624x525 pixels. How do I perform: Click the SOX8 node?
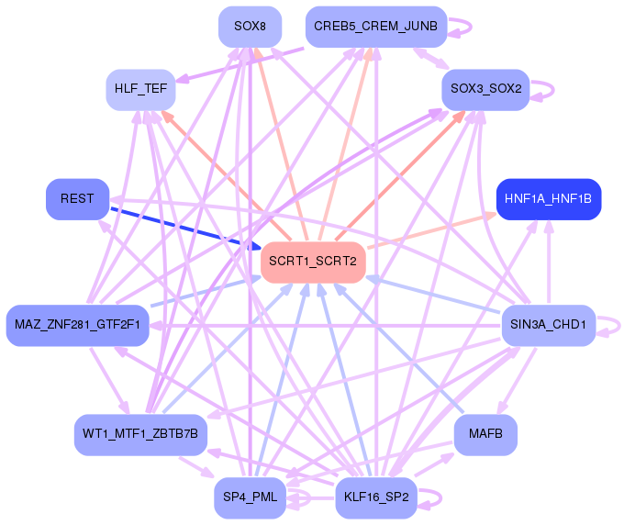tap(250, 27)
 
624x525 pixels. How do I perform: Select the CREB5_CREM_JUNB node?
tap(376, 27)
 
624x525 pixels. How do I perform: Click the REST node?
tap(78, 199)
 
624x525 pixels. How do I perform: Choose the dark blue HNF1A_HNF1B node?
tap(549, 199)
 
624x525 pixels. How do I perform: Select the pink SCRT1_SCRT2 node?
tap(313, 262)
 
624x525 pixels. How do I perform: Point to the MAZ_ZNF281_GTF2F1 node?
tap(78, 325)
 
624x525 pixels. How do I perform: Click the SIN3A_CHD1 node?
tap(549, 325)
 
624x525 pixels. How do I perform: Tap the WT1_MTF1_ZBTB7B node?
tap(140, 435)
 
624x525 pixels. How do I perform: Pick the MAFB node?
tap(485, 435)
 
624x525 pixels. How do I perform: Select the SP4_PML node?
tap(250, 498)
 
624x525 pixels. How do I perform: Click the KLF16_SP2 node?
tap(376, 498)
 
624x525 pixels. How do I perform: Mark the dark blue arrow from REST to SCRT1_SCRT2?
tap(185, 228)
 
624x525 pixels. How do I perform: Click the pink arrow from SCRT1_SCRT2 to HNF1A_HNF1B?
tap(431, 231)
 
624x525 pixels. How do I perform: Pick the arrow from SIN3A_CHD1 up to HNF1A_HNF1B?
tap(549, 262)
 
